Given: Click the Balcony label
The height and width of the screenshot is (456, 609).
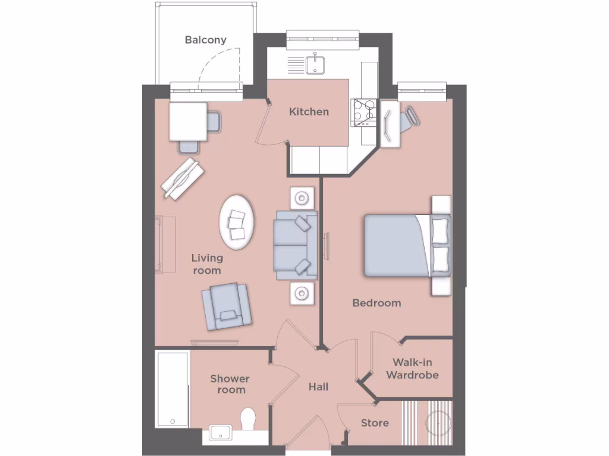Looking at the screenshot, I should coord(205,40).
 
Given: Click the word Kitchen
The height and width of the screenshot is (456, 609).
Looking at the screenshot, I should coord(309,112).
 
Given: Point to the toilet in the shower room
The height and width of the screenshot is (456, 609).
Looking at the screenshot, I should coord(249,418).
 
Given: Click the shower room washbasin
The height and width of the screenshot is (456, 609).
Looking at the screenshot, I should coord(220,433).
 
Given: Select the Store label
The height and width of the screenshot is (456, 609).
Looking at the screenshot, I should coord(375,423).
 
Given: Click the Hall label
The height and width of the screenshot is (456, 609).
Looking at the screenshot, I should coord(318,387).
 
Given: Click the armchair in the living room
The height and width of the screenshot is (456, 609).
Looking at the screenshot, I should coord(227,306).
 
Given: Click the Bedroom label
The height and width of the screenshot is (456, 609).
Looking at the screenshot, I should coord(376,303).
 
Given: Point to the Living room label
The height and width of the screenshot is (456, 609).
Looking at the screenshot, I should coord(206,264).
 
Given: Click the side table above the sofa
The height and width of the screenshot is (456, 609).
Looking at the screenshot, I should coord(303,197).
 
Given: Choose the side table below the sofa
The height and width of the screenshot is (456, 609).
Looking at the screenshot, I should coord(303,293).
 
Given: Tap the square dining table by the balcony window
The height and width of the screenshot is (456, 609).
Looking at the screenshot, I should coord(188,121).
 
